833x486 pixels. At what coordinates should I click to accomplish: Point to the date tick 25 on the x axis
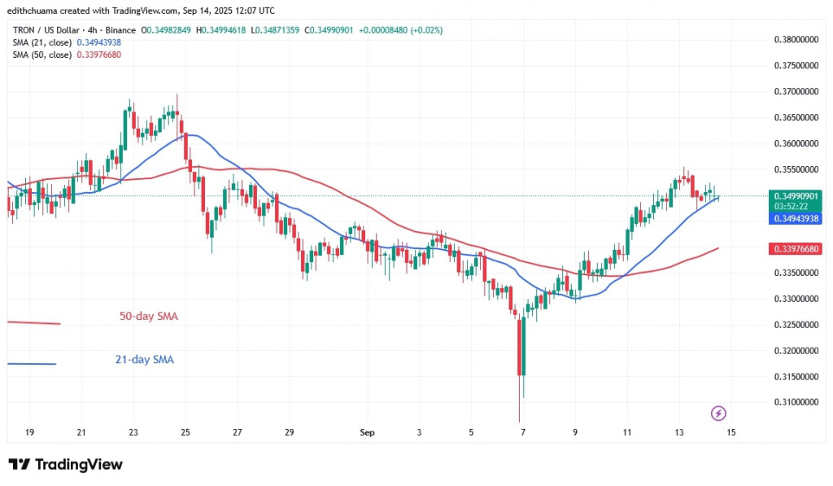tap(185, 431)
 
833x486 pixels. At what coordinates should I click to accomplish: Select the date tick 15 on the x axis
tap(731, 431)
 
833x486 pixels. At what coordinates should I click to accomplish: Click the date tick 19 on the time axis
tap(30, 431)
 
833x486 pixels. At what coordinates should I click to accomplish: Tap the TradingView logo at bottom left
tap(66, 465)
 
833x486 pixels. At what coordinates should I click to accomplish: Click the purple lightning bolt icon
tap(718, 413)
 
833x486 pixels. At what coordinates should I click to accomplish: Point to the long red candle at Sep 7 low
tap(518, 366)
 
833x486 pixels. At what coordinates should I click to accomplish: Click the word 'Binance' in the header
tap(120, 30)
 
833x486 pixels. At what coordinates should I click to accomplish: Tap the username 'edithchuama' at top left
tap(37, 10)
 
